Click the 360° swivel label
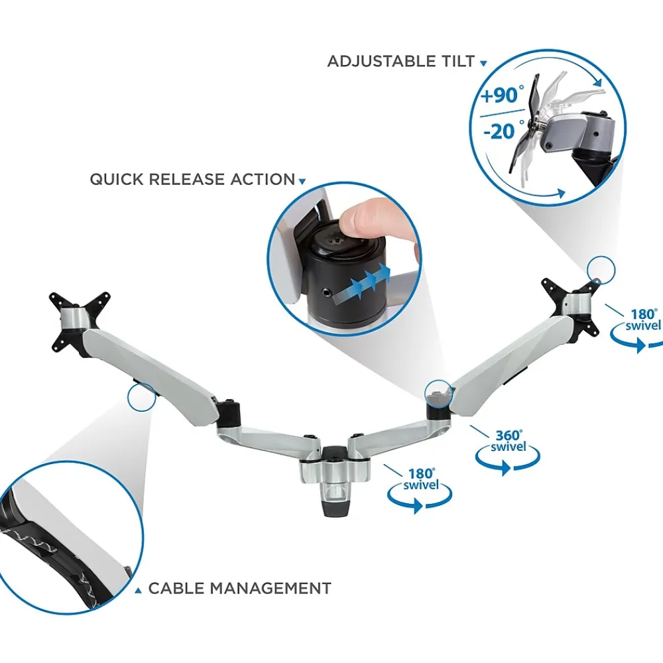tap(509, 441)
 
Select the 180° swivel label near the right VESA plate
tap(642, 320)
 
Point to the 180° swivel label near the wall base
tap(421, 479)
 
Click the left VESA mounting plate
tap(80, 322)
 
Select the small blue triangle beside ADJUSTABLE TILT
tap(483, 64)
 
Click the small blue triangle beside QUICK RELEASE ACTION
tap(302, 182)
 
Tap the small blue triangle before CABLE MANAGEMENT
tap(138, 590)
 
